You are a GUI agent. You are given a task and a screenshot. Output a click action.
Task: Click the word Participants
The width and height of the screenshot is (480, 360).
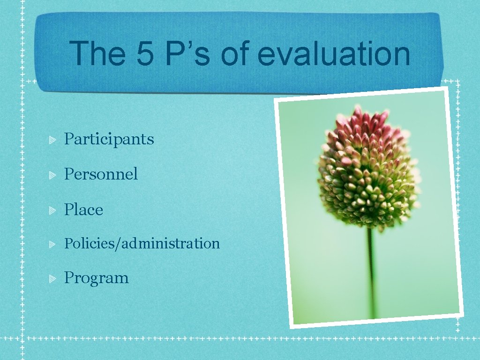point(109,139)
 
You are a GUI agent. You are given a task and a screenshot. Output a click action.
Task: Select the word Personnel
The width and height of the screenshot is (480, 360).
point(101,174)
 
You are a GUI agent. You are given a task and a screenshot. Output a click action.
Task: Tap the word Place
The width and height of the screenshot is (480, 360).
point(83,210)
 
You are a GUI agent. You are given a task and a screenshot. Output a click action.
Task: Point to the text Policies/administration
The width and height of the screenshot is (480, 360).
point(142,244)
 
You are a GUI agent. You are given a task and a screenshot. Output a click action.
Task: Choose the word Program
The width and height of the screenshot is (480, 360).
point(96,278)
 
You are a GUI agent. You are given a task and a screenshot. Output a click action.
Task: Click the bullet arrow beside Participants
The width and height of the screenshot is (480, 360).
point(53,140)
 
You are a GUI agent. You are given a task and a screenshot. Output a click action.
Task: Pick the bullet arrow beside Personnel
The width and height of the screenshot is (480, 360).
point(53,175)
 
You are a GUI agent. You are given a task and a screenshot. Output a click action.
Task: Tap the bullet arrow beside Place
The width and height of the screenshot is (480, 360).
point(53,210)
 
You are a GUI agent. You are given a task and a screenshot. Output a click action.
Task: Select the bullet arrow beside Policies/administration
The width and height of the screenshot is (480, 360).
point(53,244)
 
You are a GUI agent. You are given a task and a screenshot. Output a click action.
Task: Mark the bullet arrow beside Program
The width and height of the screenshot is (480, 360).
point(53,278)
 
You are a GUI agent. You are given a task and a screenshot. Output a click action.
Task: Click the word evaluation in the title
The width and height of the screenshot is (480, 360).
point(334,54)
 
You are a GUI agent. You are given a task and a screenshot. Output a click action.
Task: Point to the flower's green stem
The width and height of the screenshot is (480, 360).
point(372,272)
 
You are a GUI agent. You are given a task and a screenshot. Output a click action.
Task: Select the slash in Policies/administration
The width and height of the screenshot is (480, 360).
point(120,244)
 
